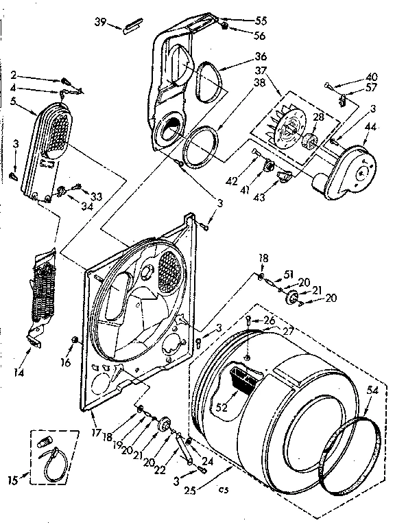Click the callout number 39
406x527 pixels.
click(x=100, y=22)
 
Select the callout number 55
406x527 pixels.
click(x=242, y=21)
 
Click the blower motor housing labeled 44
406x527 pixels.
click(x=346, y=168)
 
